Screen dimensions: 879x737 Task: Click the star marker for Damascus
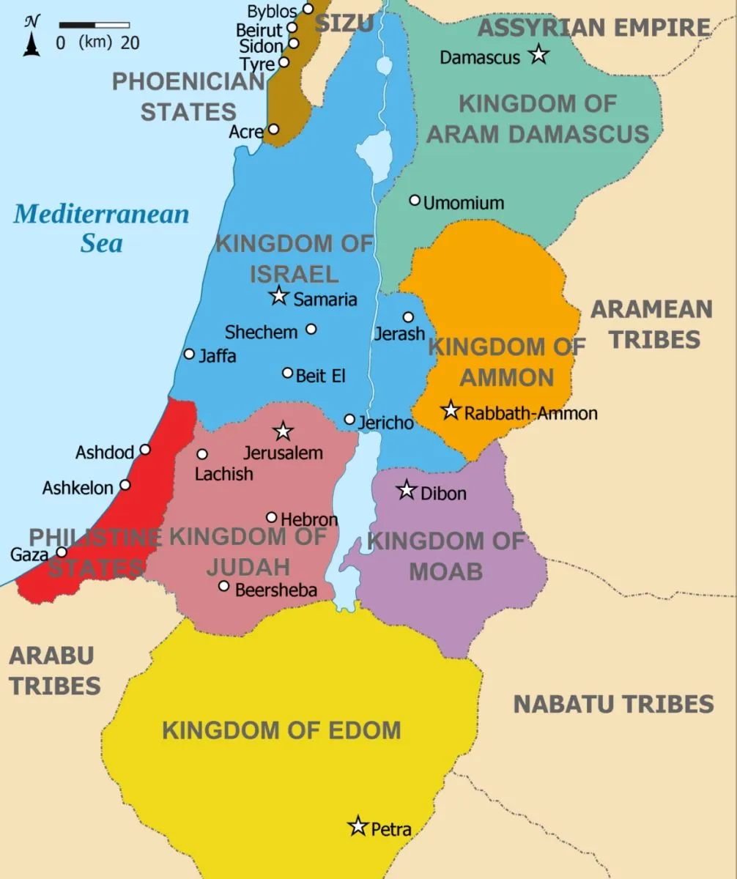538,54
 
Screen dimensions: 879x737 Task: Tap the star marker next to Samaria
278,296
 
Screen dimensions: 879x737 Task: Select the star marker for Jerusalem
283,431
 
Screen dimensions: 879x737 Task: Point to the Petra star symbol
358,826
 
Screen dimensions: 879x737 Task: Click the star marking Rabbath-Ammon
451,411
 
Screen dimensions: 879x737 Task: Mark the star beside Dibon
407,490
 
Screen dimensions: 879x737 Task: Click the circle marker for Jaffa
189,354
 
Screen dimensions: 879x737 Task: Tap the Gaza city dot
62,552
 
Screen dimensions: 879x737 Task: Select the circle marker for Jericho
349,420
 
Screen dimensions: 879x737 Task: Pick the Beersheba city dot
224,586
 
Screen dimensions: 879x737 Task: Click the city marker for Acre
273,129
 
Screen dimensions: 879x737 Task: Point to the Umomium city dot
415,200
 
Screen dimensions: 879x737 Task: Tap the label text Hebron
309,519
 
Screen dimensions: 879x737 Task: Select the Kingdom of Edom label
281,730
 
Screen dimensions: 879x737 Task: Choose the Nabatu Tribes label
613,704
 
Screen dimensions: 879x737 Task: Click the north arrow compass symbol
31,37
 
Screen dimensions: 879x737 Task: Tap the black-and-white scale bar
94,26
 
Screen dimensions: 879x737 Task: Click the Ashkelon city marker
125,485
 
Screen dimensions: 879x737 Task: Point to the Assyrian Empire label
593,28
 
